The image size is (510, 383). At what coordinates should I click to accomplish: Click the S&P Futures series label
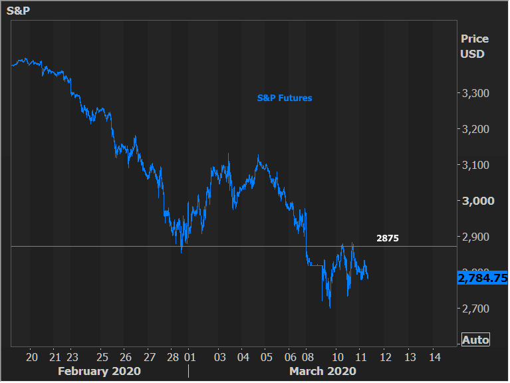pos(285,98)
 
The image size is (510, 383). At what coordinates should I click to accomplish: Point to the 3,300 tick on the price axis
pos(475,93)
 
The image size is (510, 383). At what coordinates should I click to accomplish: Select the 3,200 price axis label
pos(475,129)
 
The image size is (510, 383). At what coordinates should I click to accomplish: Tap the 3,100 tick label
pos(475,165)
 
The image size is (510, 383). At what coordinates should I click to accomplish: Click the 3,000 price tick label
pos(475,201)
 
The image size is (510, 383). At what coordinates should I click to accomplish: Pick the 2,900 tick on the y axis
pos(475,237)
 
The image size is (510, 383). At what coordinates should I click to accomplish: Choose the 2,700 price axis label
pos(475,309)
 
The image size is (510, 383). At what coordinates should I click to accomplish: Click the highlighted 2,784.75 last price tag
pos(483,279)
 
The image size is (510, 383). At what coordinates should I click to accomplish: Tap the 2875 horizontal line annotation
pos(388,238)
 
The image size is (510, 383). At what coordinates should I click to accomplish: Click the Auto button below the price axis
pos(475,340)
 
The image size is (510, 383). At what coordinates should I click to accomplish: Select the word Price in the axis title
pos(474,39)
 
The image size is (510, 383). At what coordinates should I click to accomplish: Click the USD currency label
pos(472,54)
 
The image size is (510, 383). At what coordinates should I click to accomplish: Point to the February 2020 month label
pos(99,371)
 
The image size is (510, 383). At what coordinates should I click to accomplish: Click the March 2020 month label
pos(322,371)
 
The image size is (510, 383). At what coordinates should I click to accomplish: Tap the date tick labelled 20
pos(32,356)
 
